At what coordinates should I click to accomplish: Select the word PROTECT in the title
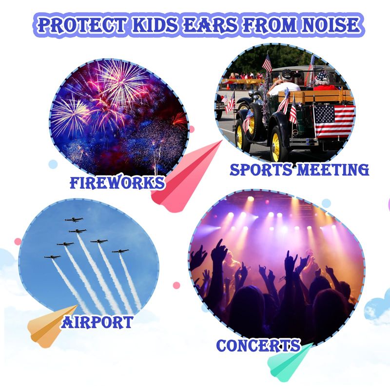(80, 25)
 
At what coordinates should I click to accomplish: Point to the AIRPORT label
(97, 322)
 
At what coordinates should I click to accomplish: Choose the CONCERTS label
(258, 345)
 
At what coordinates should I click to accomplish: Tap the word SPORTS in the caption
(261, 170)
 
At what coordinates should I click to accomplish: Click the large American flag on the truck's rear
(334, 121)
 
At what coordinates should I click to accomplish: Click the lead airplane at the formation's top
(74, 220)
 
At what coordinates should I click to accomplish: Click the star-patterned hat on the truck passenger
(322, 76)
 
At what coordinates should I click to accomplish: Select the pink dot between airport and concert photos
(176, 285)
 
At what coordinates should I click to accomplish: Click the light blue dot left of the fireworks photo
(53, 164)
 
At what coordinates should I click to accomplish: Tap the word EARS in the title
(211, 25)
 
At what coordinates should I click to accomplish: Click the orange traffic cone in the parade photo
(228, 87)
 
